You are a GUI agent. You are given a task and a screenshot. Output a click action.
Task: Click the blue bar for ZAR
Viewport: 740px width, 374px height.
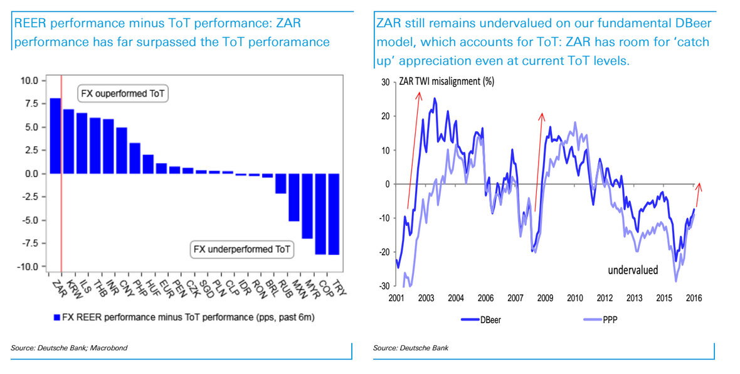point(55,136)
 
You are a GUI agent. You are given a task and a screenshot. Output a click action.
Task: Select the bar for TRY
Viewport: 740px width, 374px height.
point(333,214)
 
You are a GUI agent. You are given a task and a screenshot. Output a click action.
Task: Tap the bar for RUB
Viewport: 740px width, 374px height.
point(280,183)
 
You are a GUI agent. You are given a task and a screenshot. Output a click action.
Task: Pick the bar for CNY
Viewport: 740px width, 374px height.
point(122,151)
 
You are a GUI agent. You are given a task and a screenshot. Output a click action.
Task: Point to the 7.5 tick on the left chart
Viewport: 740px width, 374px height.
point(29,104)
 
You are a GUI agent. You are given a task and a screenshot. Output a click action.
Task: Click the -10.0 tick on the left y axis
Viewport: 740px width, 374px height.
point(28,267)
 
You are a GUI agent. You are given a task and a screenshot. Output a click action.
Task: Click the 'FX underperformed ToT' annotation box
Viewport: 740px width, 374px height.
point(242,249)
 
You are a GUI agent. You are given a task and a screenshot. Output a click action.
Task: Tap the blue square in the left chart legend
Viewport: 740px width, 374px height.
point(56,318)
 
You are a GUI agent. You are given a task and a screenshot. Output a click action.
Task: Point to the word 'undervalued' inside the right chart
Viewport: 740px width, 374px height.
point(633,270)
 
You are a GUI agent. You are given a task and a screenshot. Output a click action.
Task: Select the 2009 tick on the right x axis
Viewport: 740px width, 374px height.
point(545,298)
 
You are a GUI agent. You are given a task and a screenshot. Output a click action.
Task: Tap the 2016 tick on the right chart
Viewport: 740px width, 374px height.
point(693,298)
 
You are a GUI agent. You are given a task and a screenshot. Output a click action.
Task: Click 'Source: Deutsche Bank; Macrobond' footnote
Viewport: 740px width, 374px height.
point(69,348)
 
